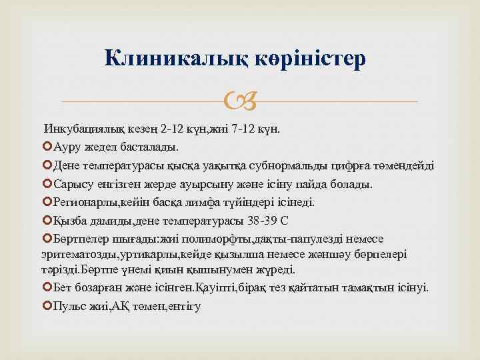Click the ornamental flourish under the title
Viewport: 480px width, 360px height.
coord(239,102)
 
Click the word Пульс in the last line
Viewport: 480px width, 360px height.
coord(71,305)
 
